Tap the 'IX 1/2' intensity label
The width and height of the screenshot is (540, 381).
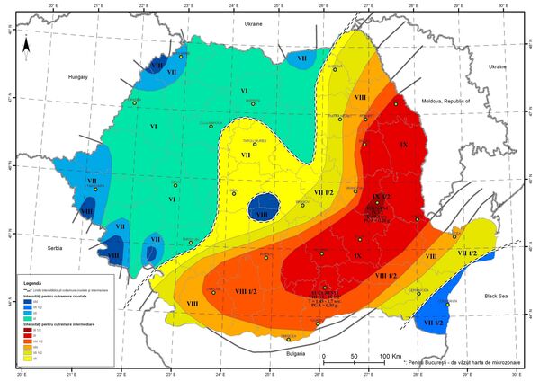click(x=380, y=195)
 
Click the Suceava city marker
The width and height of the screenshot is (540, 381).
click(x=335, y=69)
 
